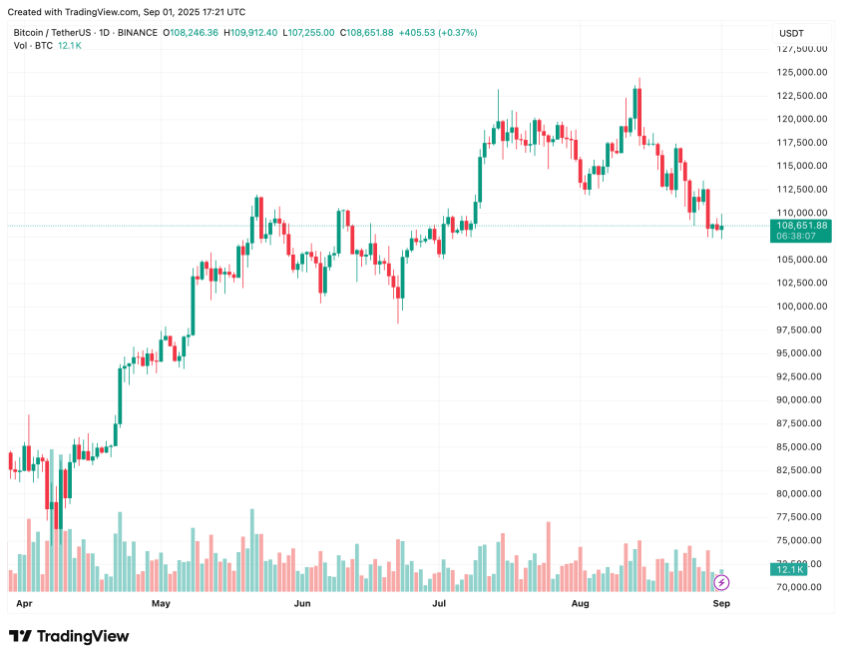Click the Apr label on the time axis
pos(25,604)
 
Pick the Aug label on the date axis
pos(580,604)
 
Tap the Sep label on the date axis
pos(721,604)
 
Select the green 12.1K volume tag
pos(789,569)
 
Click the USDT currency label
pos(790,34)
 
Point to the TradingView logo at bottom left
pos(69,636)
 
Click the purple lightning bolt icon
pos(722,581)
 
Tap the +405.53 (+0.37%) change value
pos(438,33)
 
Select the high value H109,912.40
pos(250,33)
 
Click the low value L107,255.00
pos(309,33)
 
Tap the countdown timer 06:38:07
pos(796,237)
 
